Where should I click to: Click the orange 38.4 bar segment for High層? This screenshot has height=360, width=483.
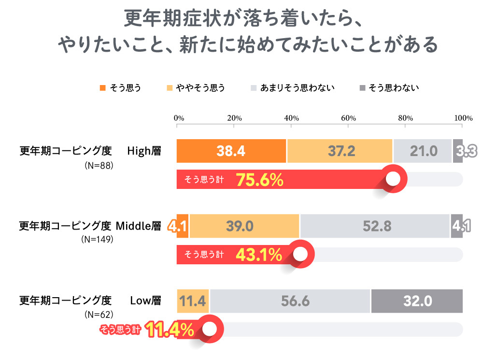pos(231,151)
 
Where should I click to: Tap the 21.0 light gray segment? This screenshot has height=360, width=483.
pos(423,151)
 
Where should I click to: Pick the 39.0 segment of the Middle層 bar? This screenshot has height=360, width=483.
pos(244,226)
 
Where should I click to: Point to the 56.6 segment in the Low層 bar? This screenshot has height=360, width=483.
pos(290,301)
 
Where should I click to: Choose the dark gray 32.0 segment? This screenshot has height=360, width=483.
pos(417,301)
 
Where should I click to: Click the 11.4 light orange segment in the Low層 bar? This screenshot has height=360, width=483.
pos(193,301)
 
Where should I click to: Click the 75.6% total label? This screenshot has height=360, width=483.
pos(259,180)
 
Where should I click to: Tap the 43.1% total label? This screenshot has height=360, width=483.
pos(259,255)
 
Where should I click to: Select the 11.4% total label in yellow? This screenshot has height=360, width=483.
pos(170,330)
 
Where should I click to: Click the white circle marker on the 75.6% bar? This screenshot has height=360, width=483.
pos(394,179)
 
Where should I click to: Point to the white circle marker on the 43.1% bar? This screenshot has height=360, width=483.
pos(300,254)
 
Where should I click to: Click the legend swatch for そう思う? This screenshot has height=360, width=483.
pos(102,88)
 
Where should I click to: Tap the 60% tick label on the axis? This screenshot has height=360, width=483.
pos(348,118)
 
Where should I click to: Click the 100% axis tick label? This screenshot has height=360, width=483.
pos(463,118)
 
